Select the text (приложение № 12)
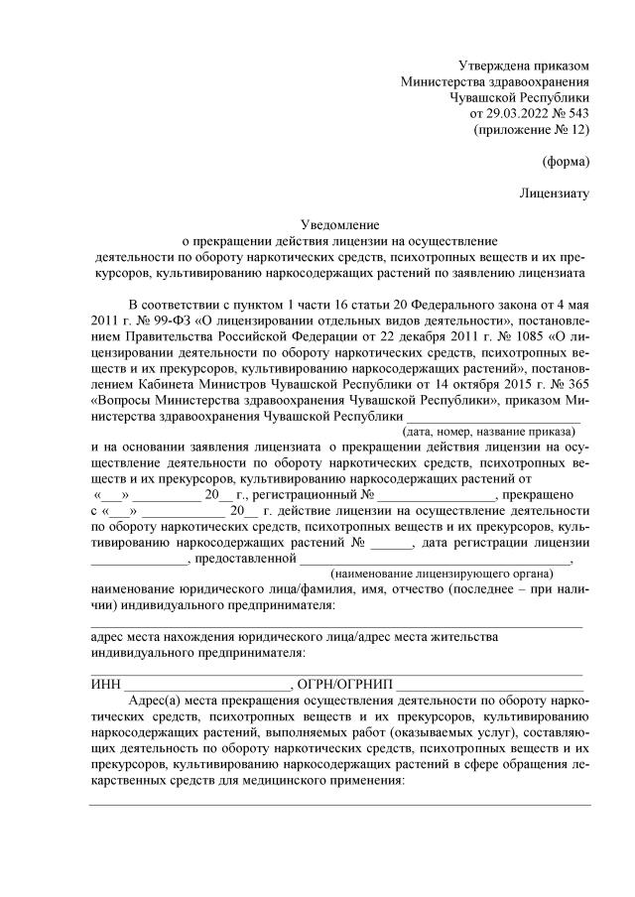[533, 130]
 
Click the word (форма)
[567, 161]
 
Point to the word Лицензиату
[555, 192]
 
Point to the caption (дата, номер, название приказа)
[490, 433]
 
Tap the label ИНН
[103, 685]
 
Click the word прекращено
[541, 494]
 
